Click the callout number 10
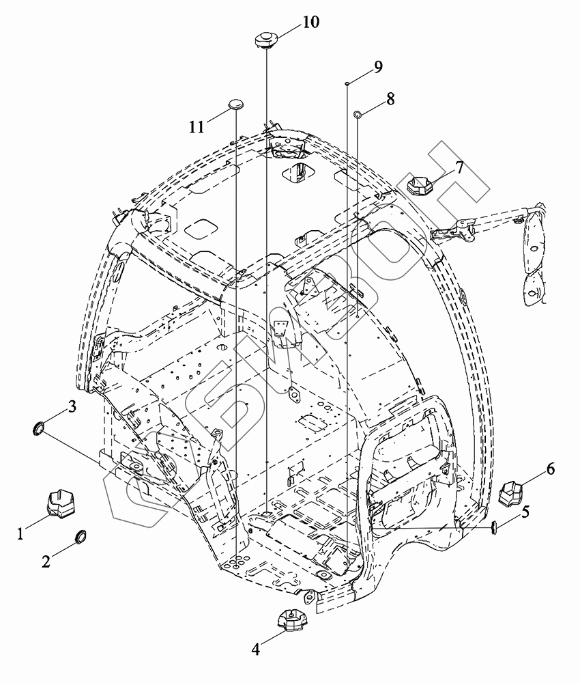click(310, 22)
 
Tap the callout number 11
click(197, 127)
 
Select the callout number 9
click(377, 67)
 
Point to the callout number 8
click(390, 99)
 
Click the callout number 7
click(459, 167)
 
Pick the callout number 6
click(551, 469)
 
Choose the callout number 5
click(525, 512)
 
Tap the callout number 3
click(72, 406)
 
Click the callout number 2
click(46, 561)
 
